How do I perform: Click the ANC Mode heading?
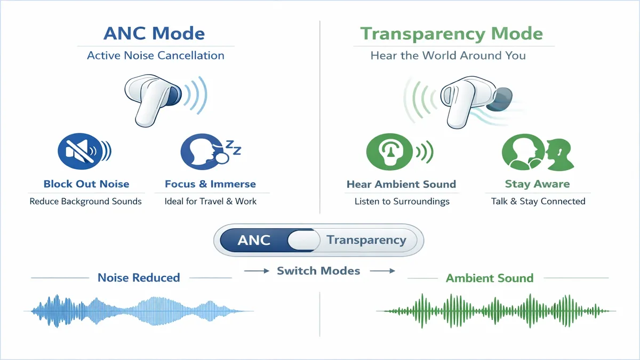pyautogui.click(x=154, y=34)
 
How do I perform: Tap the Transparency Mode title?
pyautogui.click(x=451, y=34)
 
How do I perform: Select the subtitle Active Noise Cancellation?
pyautogui.click(x=156, y=55)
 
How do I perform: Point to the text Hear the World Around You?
pyautogui.click(x=448, y=55)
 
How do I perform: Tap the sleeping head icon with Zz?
pyautogui.click(x=210, y=151)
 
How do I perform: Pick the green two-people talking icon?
pyautogui.click(x=538, y=153)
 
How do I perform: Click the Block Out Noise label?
pyautogui.click(x=86, y=184)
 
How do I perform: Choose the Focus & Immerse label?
pyautogui.click(x=210, y=184)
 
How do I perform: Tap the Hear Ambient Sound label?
pyautogui.click(x=401, y=185)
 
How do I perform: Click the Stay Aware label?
pyautogui.click(x=537, y=184)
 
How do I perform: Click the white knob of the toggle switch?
pyautogui.click(x=303, y=240)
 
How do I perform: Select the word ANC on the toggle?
pyautogui.click(x=254, y=241)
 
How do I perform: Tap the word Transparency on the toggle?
pyautogui.click(x=366, y=241)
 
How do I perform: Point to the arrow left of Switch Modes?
pyautogui.click(x=257, y=271)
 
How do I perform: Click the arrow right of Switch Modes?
pyautogui.click(x=382, y=271)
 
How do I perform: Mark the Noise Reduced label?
pyautogui.click(x=139, y=278)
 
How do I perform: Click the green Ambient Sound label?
pyautogui.click(x=490, y=278)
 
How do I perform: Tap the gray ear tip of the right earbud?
pyautogui.click(x=500, y=99)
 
